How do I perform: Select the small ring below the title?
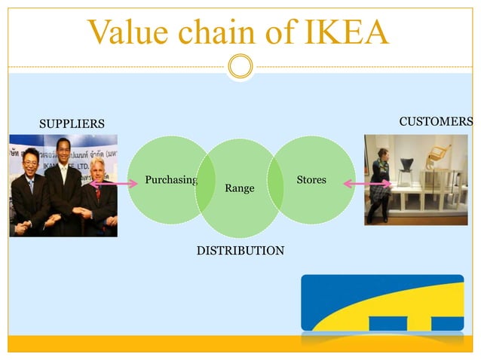click(240, 67)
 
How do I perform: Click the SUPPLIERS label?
click(72, 124)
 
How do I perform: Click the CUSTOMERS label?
click(436, 121)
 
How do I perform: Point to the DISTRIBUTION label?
click(240, 249)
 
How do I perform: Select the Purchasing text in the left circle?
click(170, 180)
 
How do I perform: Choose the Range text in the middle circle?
click(240, 188)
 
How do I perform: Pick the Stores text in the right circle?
click(311, 180)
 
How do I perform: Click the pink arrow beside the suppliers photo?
click(114, 183)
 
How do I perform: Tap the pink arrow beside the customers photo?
click(367, 184)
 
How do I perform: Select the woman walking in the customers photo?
click(380, 185)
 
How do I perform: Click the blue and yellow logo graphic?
click(382, 304)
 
